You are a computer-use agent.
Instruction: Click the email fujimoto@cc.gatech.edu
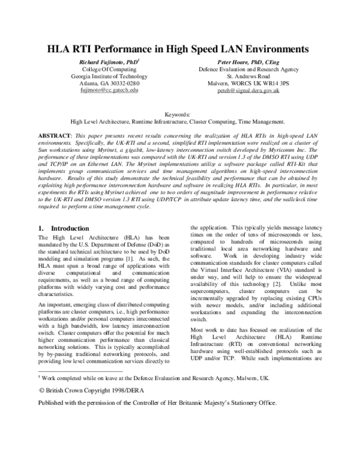point(109,90)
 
